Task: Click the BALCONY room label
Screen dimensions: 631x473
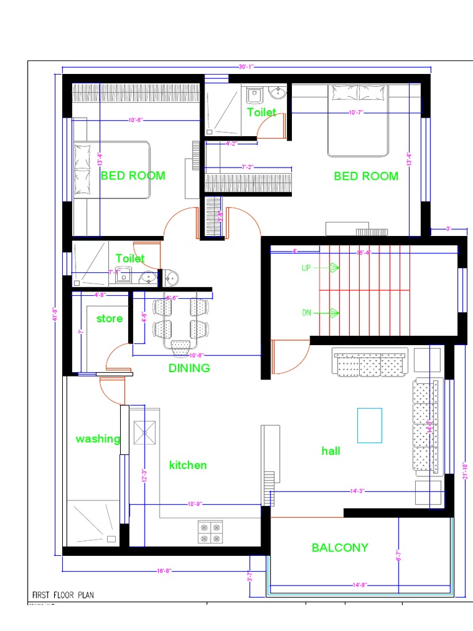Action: click(339, 547)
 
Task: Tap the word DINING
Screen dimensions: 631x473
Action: click(189, 368)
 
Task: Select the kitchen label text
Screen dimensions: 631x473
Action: click(188, 465)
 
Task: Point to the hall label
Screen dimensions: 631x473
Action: click(331, 451)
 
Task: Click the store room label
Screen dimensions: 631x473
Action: click(109, 319)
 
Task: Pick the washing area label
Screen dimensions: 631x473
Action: click(98, 439)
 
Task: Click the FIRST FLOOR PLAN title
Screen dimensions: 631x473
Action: click(63, 595)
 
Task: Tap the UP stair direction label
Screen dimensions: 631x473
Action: click(307, 268)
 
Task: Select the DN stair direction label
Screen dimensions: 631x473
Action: click(307, 313)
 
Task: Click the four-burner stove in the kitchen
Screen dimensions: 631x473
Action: click(210, 532)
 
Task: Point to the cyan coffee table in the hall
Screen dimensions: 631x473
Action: click(370, 425)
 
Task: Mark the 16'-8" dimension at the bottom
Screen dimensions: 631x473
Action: click(163, 571)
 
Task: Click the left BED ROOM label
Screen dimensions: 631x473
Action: click(133, 176)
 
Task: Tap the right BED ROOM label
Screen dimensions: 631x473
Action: click(366, 176)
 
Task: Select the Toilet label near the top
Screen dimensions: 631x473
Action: click(261, 112)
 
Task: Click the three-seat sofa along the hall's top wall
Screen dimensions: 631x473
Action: click(370, 363)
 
